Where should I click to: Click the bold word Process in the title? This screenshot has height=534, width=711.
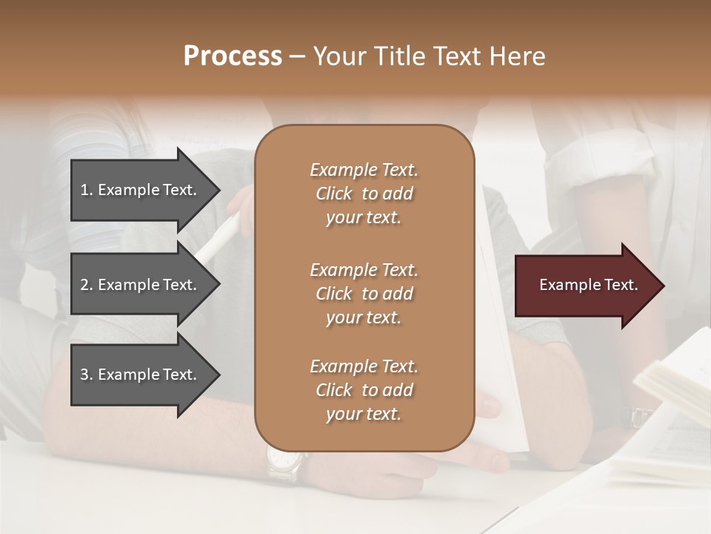(x=233, y=56)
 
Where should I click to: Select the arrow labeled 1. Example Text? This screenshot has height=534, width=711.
(x=141, y=190)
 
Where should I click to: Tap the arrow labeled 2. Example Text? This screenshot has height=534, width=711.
(x=141, y=285)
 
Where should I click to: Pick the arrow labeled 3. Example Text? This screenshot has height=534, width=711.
(x=141, y=375)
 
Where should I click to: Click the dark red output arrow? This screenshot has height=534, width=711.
(x=585, y=286)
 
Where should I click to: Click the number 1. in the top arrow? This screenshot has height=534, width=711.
(x=86, y=190)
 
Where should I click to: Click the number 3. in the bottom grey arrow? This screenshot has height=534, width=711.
(x=86, y=375)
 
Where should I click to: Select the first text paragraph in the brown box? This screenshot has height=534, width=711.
(x=364, y=194)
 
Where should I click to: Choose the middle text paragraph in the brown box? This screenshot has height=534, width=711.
(x=364, y=294)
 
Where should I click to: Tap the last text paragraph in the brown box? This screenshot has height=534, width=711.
(x=364, y=390)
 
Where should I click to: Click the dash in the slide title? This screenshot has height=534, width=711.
(x=297, y=56)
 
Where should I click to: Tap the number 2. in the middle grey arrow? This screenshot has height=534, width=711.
(x=86, y=285)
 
